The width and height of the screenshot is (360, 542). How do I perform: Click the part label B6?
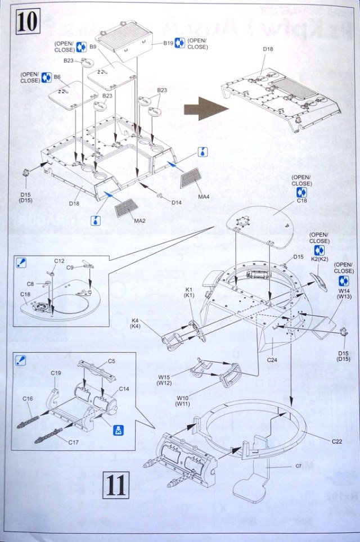pos(57,76)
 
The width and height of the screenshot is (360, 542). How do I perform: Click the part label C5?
pos(111,360)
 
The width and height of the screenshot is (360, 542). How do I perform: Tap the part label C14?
pos(124,389)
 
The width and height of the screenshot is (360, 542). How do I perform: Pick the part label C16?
pos(28,399)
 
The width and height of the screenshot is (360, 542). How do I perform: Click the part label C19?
pos(56,372)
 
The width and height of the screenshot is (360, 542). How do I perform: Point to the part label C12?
pos(60,260)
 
